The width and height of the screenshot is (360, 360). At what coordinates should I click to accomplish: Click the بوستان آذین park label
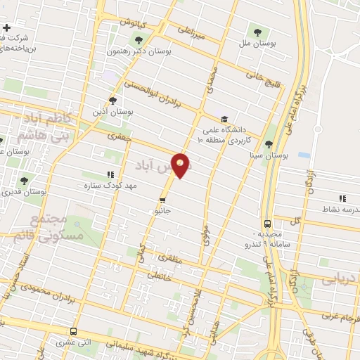click(112, 111)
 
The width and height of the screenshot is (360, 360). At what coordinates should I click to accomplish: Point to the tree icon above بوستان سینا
click(269, 143)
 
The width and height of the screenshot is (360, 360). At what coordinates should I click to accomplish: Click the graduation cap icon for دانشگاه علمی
click(224, 119)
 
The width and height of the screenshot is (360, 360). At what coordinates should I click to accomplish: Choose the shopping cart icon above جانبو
click(163, 199)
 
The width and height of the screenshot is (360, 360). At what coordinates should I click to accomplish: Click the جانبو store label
click(162, 210)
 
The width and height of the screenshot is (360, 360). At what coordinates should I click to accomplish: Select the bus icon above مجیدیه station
click(266, 223)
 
